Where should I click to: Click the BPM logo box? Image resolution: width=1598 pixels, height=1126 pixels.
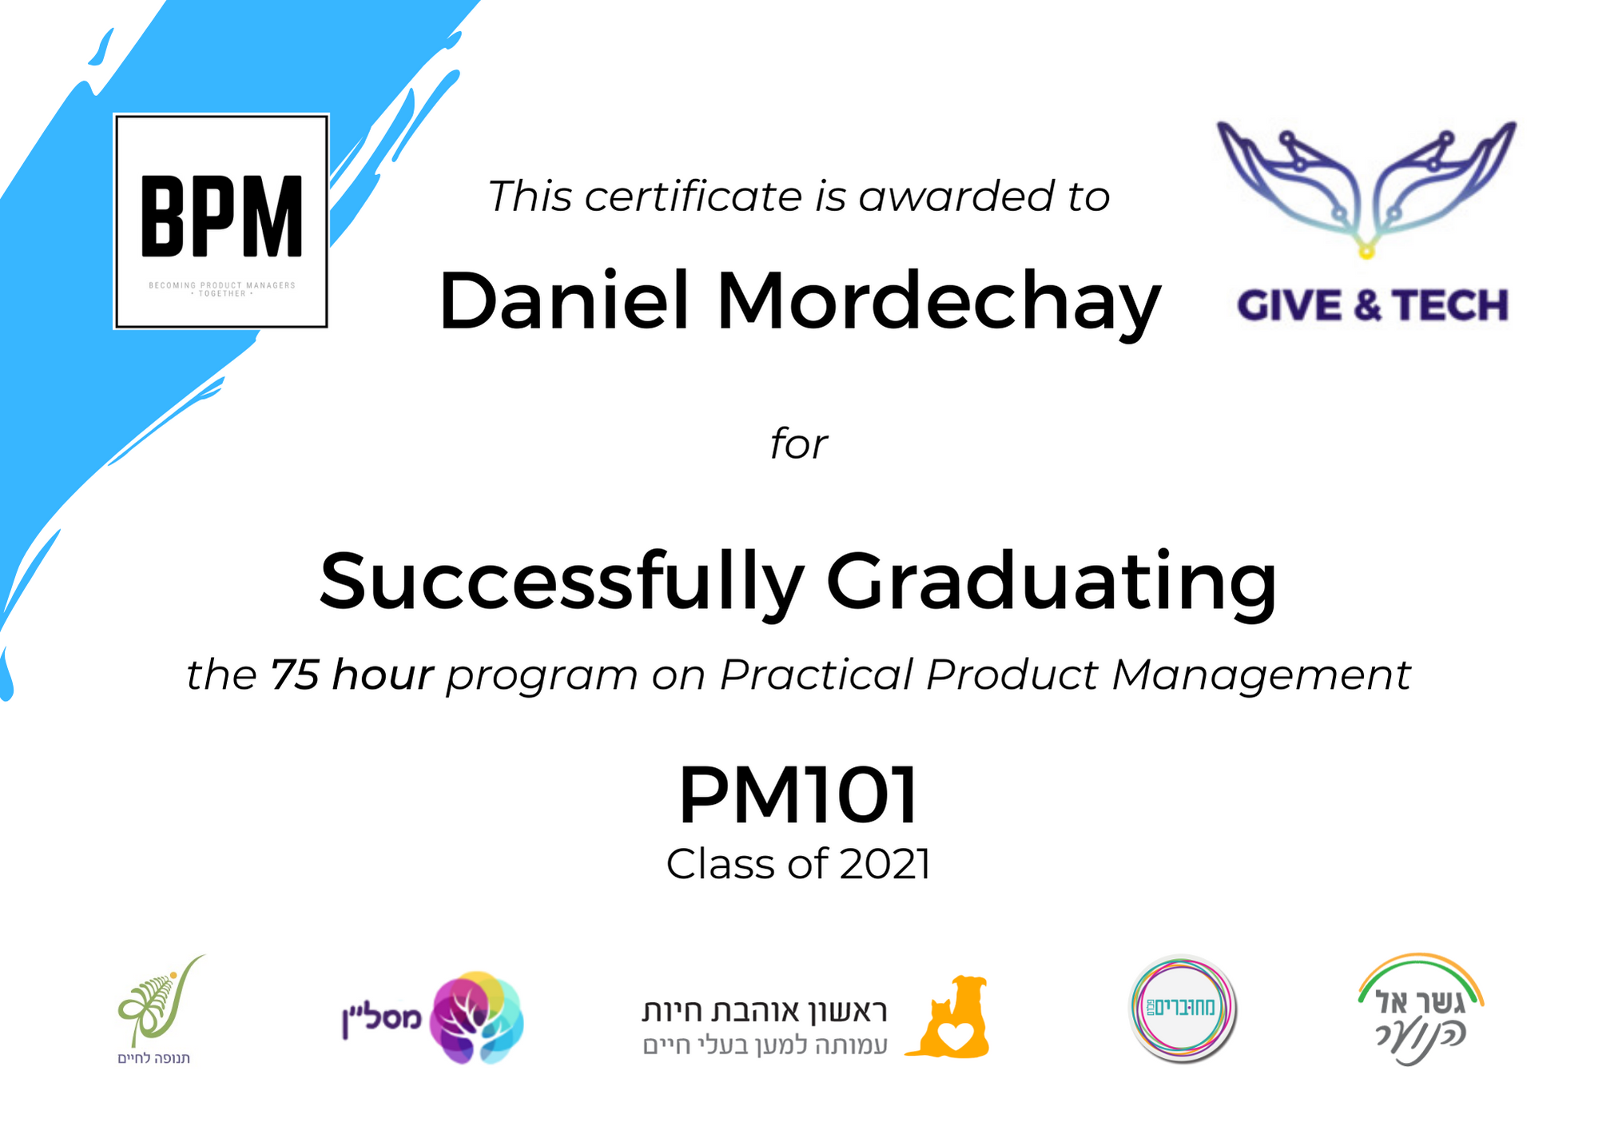(221, 221)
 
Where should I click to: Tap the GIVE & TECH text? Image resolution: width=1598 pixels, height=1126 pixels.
(1373, 305)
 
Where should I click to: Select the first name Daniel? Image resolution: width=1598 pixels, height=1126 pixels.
(564, 300)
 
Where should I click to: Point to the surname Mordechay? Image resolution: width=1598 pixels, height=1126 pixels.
(939, 304)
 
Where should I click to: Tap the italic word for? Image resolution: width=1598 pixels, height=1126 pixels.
(799, 444)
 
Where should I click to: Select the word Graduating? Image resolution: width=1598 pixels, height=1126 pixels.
(1051, 583)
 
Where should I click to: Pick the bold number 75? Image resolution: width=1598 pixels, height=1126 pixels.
(295, 674)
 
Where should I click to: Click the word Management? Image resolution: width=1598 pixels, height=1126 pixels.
(1261, 676)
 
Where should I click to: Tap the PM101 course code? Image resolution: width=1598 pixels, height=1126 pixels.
(798, 795)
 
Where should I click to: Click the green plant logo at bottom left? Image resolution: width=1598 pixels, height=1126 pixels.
(160, 1003)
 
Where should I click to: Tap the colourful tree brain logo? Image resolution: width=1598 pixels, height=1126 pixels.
(476, 1017)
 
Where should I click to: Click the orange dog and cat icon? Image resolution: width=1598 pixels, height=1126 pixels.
(948, 1017)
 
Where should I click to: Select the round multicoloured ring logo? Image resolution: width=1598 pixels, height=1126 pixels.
(1183, 1009)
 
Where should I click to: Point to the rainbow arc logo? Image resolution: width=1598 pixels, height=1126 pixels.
(1421, 972)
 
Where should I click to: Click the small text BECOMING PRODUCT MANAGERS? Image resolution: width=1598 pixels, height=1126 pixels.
(222, 285)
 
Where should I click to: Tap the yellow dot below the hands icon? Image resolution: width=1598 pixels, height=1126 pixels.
(1366, 253)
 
